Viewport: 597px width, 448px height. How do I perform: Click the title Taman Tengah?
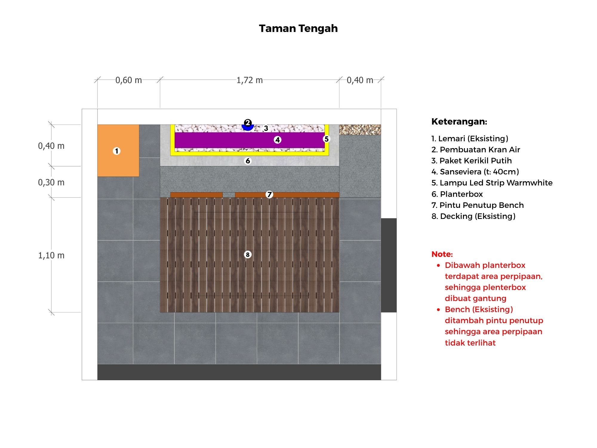[298, 29]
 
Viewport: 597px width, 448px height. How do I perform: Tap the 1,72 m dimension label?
[250, 80]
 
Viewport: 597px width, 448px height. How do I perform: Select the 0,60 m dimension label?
[129, 80]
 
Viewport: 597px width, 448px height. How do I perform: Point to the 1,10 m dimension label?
[51, 255]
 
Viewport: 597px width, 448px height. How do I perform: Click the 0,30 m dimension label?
[51, 182]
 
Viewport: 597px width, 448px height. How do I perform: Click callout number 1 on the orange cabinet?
[117, 151]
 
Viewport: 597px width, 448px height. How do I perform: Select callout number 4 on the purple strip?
[278, 140]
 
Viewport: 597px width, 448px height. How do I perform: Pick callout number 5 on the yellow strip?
[327, 139]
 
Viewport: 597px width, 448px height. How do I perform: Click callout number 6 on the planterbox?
[248, 161]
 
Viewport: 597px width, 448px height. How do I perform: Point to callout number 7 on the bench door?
[270, 194]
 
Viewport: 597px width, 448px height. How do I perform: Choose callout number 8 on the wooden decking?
[248, 255]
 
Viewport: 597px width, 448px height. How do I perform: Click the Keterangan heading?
[459, 122]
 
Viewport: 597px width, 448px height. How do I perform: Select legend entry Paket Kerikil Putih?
[472, 161]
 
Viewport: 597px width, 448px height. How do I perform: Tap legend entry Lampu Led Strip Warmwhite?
[492, 183]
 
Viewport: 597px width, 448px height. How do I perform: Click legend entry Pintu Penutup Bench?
[478, 205]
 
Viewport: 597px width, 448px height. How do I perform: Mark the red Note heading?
[442, 254]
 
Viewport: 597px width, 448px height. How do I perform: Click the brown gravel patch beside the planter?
[360, 130]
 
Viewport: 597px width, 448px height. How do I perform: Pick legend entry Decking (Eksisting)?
[473, 216]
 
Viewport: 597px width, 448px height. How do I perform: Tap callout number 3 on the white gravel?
[266, 128]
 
